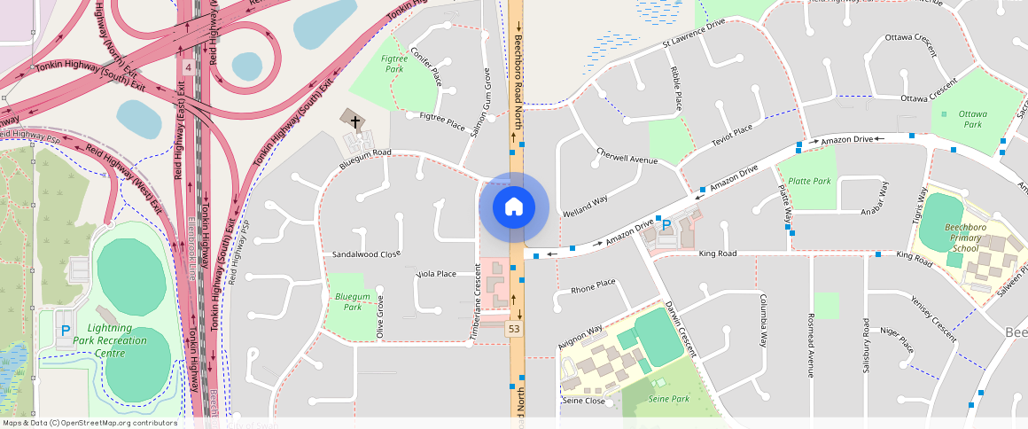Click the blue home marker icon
(514, 207)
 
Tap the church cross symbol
(355, 121)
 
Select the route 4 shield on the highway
(188, 67)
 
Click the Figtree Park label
(393, 64)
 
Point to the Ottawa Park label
(972, 120)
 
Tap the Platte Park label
(810, 181)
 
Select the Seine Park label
(668, 399)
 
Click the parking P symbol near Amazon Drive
(666, 226)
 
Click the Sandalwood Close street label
(366, 254)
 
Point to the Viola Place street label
(436, 274)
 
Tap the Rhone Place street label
(593, 285)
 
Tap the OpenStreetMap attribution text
(90, 423)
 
